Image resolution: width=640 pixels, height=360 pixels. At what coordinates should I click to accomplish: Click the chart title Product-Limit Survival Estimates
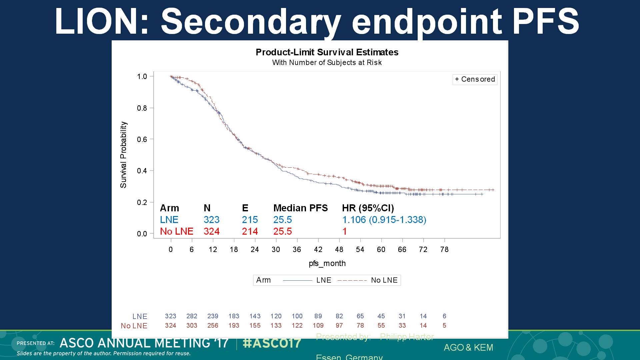click(327, 52)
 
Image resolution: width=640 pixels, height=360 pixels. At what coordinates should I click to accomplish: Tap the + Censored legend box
click(475, 79)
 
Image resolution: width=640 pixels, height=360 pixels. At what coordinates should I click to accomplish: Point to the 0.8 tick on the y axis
click(142, 108)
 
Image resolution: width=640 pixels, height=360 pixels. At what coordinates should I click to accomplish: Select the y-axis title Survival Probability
click(124, 155)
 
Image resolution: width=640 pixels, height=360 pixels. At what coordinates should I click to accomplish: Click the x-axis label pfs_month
click(327, 263)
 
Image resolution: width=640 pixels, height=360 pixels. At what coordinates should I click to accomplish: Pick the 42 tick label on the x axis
click(318, 250)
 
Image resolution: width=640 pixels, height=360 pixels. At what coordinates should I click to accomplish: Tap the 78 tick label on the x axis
click(444, 250)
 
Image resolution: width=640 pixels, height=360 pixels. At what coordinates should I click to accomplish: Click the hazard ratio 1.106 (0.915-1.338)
click(384, 220)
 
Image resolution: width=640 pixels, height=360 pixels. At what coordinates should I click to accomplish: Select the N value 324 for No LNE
click(212, 231)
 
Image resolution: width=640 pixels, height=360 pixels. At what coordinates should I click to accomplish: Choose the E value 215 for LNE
click(250, 220)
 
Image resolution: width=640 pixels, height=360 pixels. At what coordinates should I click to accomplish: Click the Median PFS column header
click(300, 208)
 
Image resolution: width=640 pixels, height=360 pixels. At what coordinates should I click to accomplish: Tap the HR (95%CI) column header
click(368, 208)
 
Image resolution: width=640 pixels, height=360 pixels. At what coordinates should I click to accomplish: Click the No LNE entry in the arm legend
click(384, 280)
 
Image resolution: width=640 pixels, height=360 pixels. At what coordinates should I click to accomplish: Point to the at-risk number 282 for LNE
click(192, 316)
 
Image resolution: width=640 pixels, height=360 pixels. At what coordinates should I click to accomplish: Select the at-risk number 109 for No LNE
click(318, 325)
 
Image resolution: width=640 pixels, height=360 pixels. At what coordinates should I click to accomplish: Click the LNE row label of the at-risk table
click(140, 316)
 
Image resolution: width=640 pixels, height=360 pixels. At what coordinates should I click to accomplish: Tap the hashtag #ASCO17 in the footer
click(272, 343)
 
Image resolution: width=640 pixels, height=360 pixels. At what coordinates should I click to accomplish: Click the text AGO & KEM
click(468, 347)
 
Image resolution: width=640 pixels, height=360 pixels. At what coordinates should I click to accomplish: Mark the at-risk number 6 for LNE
click(444, 316)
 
